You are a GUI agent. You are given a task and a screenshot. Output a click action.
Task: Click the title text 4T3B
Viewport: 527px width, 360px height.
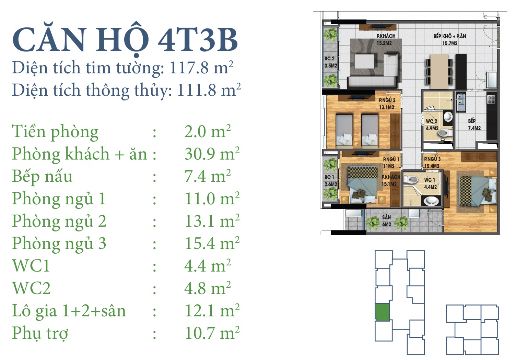tap(198, 40)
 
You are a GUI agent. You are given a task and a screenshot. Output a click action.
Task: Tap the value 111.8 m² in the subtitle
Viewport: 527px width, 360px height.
tap(209, 90)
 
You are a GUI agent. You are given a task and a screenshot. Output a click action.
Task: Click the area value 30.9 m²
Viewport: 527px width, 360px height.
tap(212, 154)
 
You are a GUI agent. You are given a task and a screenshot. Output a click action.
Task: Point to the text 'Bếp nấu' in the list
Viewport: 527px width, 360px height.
tap(42, 177)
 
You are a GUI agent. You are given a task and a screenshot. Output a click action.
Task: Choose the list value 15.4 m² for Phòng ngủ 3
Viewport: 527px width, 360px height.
tap(212, 243)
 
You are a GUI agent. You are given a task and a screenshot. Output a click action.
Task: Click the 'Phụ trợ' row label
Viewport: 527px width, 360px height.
tap(40, 334)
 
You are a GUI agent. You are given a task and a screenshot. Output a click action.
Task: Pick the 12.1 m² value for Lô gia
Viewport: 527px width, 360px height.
tap(212, 311)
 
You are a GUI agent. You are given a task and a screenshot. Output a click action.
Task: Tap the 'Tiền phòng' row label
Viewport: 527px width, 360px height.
tap(55, 132)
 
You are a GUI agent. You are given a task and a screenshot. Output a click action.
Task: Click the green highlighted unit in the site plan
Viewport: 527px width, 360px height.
tap(382, 312)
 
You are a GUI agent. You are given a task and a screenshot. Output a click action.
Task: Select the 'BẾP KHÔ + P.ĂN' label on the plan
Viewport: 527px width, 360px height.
tap(450, 36)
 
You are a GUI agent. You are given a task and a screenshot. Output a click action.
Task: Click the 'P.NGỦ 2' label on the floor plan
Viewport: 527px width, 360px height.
tap(387, 100)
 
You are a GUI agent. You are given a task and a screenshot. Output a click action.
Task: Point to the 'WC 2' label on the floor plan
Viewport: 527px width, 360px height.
tap(432, 121)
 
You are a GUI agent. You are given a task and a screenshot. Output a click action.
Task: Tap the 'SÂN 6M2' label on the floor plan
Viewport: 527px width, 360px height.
tap(387, 221)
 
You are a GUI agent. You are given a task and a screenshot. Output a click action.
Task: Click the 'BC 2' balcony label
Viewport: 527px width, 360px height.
tap(329, 59)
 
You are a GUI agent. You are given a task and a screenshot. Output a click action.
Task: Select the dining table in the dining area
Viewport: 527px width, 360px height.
tap(439, 71)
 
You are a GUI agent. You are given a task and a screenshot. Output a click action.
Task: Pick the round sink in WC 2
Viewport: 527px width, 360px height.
tap(448, 117)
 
